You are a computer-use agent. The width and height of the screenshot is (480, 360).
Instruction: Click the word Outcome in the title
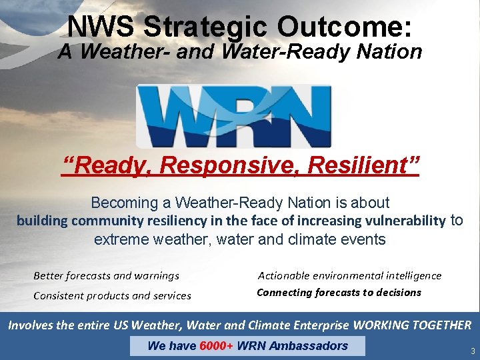349,27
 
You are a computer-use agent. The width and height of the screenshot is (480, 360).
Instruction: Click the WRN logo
233,116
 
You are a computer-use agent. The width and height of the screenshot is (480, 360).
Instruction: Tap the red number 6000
213,345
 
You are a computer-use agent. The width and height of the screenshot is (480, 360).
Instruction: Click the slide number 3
472,351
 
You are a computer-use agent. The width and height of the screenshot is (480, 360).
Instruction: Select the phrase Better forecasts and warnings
106,275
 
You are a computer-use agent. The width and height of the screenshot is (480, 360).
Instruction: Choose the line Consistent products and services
112,295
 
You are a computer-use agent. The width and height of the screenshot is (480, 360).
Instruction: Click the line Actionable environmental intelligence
349,275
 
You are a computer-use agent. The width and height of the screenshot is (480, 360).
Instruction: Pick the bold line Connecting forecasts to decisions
339,292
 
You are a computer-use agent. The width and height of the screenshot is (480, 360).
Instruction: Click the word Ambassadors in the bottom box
312,345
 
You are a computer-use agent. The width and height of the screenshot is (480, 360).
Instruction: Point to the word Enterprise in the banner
315,325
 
